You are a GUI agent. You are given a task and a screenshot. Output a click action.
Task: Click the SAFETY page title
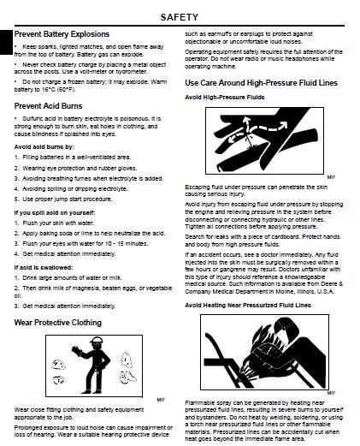point(179,17)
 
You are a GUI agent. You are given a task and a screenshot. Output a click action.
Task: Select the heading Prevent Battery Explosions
point(62,34)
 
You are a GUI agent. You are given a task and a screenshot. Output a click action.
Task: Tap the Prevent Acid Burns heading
point(48,106)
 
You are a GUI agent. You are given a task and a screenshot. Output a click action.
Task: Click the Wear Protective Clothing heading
point(58,323)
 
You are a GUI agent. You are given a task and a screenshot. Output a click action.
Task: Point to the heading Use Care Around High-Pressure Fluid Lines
point(261,83)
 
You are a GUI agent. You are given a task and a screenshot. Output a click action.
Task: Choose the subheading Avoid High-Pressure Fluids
point(225,98)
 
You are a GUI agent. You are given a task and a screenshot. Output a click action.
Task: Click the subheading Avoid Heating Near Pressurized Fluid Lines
point(248,306)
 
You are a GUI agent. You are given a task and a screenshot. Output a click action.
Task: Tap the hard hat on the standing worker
point(97,340)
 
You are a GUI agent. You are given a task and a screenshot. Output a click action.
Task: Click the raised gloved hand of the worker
point(76,351)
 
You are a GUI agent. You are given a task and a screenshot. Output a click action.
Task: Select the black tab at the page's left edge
point(6,42)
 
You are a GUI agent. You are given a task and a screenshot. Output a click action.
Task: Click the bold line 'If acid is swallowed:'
point(44,268)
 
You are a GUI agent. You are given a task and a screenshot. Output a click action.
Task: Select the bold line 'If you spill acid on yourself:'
point(55,213)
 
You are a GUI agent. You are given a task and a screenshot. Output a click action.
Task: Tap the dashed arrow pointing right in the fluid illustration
point(271,127)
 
